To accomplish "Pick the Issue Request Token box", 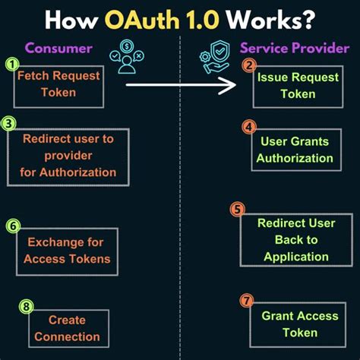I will (287, 86).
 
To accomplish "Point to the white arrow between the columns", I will (182, 85).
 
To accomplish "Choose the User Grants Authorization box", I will (295, 150).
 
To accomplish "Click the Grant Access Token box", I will (289, 324).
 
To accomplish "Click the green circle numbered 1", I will (11, 65).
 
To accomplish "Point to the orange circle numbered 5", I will (238, 210).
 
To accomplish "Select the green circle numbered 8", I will (27, 307).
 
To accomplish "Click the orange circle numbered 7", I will (246, 302).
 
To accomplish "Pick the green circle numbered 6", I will (13, 226).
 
